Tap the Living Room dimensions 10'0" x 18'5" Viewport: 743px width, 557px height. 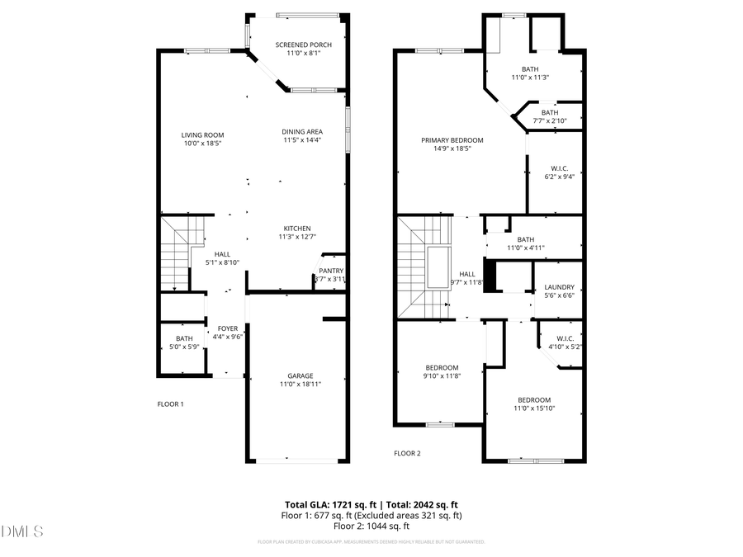click(x=202, y=144)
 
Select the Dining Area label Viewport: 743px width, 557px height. click(x=303, y=131)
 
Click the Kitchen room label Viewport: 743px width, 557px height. click(x=296, y=229)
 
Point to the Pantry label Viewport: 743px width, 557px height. click(x=331, y=271)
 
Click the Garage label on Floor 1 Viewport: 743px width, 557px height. click(x=300, y=375)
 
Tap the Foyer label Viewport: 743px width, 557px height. click(x=227, y=328)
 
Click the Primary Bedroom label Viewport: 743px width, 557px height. click(x=452, y=140)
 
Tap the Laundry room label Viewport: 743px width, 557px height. click(x=559, y=288)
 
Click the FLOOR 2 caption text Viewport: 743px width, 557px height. click(x=407, y=453)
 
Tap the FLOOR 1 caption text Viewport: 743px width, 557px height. click(x=170, y=404)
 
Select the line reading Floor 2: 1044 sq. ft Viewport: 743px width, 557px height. click(x=371, y=526)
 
